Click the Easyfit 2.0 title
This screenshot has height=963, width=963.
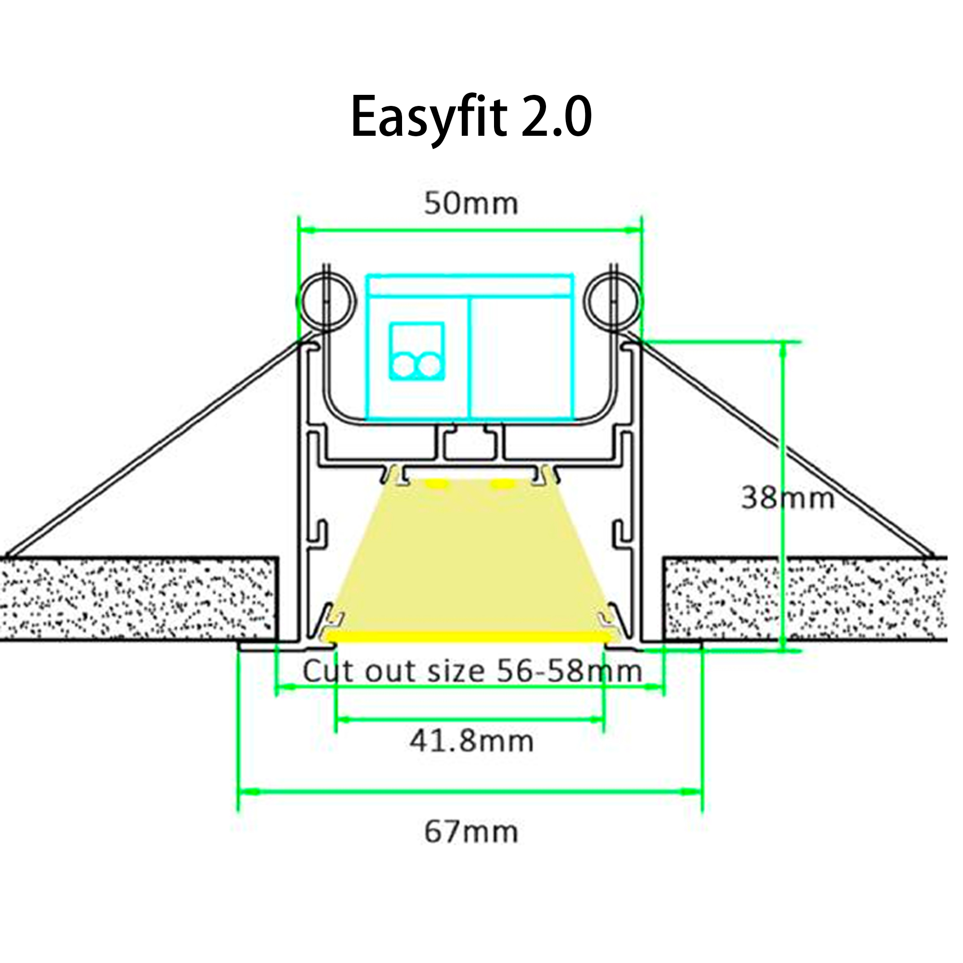471,117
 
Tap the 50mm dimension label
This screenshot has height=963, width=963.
471,204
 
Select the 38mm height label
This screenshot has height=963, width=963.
788,498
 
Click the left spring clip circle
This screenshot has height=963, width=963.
326,302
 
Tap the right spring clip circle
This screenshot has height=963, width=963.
614,302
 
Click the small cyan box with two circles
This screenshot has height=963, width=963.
416,351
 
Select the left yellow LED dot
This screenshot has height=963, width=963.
438,484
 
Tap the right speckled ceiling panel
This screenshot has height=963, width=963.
805,598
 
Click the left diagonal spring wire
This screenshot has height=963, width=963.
155,449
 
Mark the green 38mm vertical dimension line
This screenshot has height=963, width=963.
782,424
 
